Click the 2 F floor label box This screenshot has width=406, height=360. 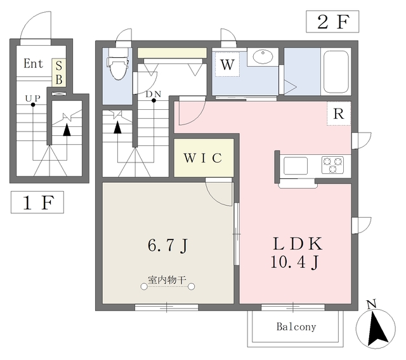(x=332, y=22)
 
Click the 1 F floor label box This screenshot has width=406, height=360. (x=37, y=203)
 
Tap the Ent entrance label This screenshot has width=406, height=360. (x=34, y=63)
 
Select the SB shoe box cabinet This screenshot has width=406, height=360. (x=59, y=72)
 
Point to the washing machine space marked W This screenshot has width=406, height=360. (x=227, y=65)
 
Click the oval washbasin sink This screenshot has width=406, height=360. (x=263, y=57)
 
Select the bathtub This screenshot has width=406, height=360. (x=336, y=72)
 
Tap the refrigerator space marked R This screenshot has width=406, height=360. (x=339, y=114)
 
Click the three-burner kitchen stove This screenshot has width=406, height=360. (x=332, y=165)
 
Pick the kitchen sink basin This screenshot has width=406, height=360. (x=296, y=166)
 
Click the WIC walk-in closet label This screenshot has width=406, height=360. (x=203, y=158)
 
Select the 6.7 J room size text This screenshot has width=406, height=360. (x=167, y=245)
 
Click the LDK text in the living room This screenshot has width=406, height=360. (x=298, y=244)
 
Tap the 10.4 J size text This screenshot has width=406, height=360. (x=294, y=262)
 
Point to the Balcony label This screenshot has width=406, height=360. (x=296, y=326)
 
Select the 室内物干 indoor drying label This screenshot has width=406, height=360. (x=167, y=280)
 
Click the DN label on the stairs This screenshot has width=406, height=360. (x=154, y=94)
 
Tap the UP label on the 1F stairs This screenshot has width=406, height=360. (x=33, y=98)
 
